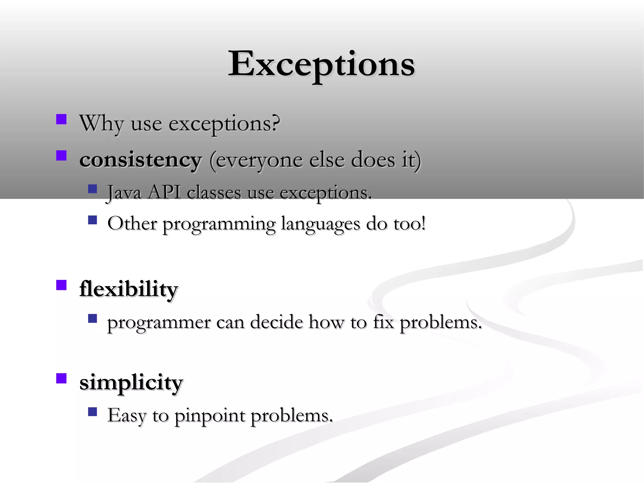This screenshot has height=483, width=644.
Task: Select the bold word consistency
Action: click(x=140, y=160)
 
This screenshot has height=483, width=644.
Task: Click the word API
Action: click(x=164, y=192)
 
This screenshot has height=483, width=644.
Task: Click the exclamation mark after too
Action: click(x=423, y=223)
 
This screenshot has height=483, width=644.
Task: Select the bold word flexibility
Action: click(x=129, y=289)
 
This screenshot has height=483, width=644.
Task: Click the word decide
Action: click(x=276, y=322)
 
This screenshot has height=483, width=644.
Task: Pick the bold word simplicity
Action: click(x=131, y=383)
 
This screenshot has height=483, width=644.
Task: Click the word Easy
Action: click(x=127, y=416)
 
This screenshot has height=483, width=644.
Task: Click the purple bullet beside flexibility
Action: click(x=61, y=285)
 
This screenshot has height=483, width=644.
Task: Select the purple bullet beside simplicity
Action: click(x=61, y=378)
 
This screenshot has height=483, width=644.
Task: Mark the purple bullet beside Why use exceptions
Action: click(x=61, y=119)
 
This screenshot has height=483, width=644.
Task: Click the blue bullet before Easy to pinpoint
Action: click(x=92, y=412)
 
